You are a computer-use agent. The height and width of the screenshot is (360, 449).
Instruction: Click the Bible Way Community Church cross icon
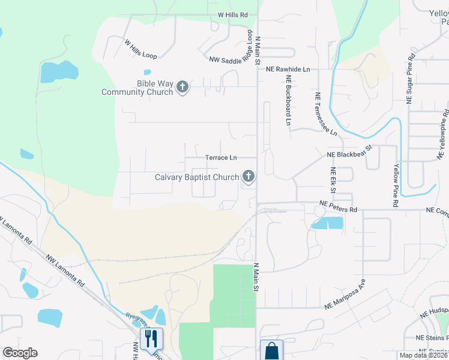pos(182,88)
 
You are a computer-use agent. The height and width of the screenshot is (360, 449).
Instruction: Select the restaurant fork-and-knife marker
pos(151,338)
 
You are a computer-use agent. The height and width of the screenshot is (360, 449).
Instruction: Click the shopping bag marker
pos(272,350)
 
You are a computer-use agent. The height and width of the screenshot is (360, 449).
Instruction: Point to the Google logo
pos(20,353)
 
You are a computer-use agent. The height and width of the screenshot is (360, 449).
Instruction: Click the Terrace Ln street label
pos(221,158)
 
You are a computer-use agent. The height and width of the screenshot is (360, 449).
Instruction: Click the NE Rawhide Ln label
pos(288,70)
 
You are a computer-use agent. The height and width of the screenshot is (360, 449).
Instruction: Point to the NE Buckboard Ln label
pos(289,100)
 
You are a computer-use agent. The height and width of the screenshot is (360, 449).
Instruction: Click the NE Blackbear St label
pos(350,151)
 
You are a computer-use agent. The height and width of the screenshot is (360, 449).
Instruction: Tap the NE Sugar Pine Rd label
pos(411,80)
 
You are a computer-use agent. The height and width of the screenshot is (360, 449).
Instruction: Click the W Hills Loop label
pos(140,50)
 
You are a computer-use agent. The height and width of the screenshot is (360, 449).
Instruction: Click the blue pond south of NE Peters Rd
pos(327,223)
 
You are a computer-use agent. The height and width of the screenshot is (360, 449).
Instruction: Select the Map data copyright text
pos(423,355)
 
